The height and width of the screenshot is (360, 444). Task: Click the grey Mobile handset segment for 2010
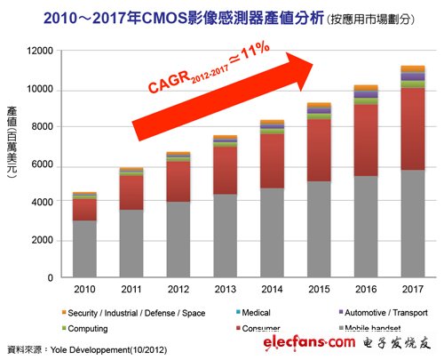point(84,250)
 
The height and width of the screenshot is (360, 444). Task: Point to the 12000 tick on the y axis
point(38,52)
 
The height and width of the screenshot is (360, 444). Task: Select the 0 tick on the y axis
point(51,278)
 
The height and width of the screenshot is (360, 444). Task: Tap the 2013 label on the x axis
point(225,290)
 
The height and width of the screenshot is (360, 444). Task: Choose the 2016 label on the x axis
point(365,290)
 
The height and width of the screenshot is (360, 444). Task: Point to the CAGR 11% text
point(209,77)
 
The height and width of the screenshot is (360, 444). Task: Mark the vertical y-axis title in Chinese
point(14,148)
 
